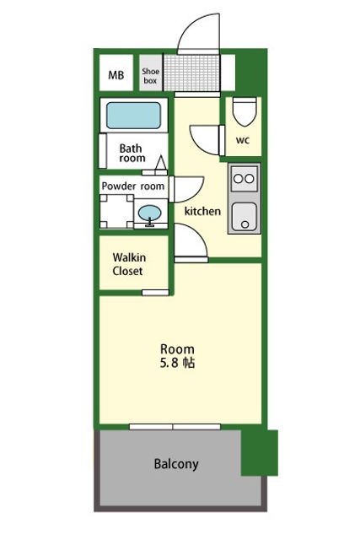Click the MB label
116,75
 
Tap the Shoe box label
150,76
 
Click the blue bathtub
133,116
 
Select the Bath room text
132,153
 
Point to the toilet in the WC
244,111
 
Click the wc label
243,140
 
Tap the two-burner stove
244,178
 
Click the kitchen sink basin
244,217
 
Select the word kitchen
202,211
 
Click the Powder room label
133,186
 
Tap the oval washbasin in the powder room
149,213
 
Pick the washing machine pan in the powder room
116,212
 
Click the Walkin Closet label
129,264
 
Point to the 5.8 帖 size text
177,363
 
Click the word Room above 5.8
177,348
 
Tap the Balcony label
176,464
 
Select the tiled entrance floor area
191,73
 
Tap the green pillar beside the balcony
259,452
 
